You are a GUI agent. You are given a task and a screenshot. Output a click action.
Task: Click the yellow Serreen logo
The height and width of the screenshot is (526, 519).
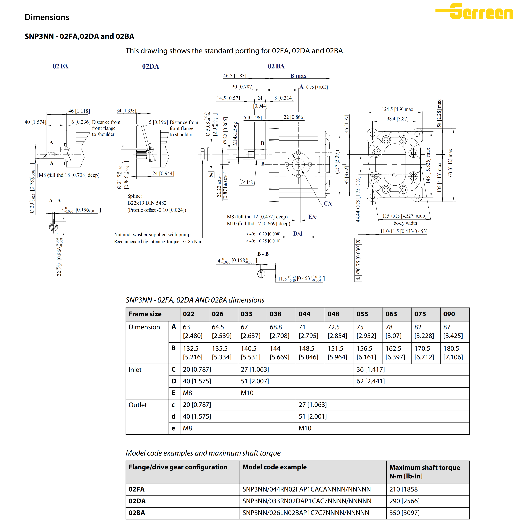pyautogui.click(x=474, y=11)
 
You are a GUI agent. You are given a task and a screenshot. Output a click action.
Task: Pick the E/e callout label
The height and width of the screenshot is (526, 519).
pyautogui.click(x=312, y=217)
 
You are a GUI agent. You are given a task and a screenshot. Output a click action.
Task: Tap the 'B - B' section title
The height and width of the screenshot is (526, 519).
pyautogui.click(x=263, y=254)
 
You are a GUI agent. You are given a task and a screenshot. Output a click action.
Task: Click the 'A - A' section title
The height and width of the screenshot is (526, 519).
pyautogui.click(x=55, y=201)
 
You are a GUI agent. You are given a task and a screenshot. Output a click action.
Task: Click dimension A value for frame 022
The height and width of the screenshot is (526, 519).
pyautogui.click(x=192, y=331)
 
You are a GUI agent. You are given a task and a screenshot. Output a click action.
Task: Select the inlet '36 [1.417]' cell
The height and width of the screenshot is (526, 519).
pyautogui.click(x=371, y=370)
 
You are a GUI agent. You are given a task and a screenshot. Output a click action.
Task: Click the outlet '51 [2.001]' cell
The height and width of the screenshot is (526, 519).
pyautogui.click(x=313, y=416)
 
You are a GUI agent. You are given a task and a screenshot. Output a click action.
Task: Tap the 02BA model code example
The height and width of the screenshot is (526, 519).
pyautogui.click(x=306, y=513)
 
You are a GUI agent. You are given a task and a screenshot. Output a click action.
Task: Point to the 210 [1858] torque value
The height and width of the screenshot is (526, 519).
pyautogui.click(x=404, y=489)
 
